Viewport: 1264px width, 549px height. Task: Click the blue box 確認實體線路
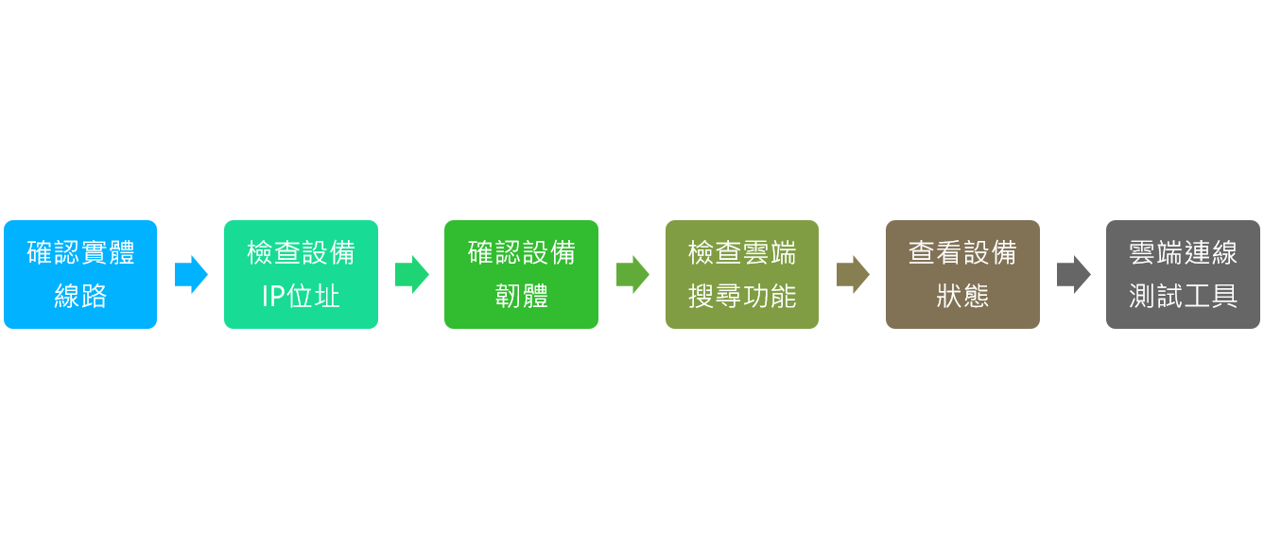coord(80,274)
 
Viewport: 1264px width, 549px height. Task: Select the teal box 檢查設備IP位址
coord(301,274)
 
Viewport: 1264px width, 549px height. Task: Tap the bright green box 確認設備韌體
coord(522,274)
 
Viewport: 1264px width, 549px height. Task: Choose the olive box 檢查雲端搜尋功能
coord(742,274)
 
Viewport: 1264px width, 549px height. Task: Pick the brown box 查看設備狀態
coord(962,274)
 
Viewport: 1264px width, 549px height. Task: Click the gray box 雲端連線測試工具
coord(1183,274)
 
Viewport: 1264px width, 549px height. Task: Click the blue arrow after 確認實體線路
coord(191,274)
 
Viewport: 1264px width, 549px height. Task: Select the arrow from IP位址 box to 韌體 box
coord(412,274)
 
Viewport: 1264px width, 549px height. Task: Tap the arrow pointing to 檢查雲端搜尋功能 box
coord(632,274)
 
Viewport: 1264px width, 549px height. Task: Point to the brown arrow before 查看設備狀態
coord(853,274)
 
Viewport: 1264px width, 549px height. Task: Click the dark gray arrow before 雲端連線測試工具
coord(1073,274)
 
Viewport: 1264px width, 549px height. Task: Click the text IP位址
coord(301,296)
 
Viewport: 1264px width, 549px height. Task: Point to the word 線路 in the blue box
coord(80,296)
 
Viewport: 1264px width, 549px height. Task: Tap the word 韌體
coord(522,296)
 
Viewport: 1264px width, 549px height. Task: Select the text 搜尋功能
coord(742,296)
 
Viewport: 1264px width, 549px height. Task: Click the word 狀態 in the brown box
coord(962,296)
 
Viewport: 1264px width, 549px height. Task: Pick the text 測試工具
coord(1183,296)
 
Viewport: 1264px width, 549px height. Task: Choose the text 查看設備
coord(962,252)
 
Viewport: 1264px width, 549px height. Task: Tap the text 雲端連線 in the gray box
coord(1183,252)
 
